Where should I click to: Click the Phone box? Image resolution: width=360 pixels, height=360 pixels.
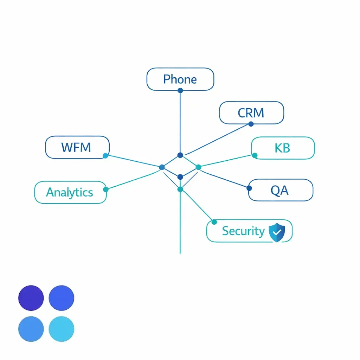[180, 79]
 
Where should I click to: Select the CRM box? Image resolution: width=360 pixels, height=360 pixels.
[251, 113]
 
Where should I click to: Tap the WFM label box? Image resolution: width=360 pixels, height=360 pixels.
[77, 147]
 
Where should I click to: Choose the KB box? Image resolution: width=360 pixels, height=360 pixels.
[283, 148]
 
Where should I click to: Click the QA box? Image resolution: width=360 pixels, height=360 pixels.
[280, 190]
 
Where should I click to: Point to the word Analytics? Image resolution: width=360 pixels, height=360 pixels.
[70, 192]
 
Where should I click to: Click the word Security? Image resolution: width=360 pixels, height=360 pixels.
[243, 231]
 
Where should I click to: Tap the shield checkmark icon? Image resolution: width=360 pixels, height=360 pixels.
[277, 231]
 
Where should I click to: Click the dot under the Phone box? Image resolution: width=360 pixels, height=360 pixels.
[180, 90]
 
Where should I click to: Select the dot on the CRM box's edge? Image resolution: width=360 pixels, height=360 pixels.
[251, 124]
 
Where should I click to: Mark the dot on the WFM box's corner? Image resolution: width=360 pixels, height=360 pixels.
[105, 156]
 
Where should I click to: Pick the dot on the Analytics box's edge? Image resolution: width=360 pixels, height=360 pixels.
[105, 189]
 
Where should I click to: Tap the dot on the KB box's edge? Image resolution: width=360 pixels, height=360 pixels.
[255, 155]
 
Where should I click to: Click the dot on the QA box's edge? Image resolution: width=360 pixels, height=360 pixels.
[249, 188]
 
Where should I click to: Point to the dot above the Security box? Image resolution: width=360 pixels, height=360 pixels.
[214, 222]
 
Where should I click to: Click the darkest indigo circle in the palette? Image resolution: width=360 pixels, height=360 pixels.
[31, 298]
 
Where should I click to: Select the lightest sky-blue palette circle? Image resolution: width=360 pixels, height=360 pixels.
[62, 329]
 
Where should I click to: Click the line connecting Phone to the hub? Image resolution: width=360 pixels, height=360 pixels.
[180, 123]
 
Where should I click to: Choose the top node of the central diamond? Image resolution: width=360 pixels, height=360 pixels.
[180, 155]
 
